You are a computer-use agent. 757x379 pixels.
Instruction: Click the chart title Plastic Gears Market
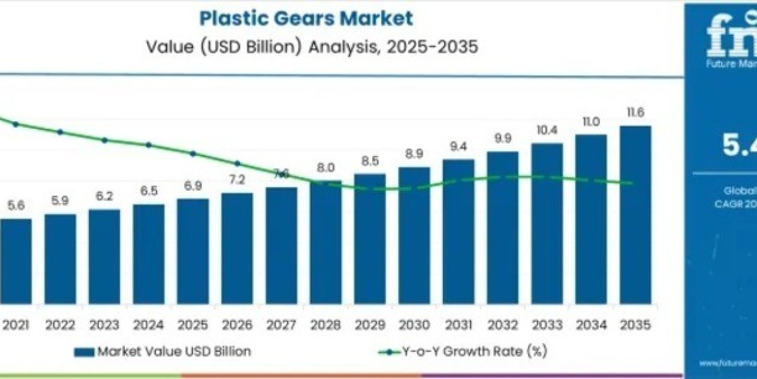[307, 18]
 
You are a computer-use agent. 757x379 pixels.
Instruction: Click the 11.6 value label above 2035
[635, 112]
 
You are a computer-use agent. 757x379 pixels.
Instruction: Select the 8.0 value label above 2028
[326, 168]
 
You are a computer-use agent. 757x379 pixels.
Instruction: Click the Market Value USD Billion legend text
[173, 352]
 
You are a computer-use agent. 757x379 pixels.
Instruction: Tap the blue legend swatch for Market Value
[84, 352]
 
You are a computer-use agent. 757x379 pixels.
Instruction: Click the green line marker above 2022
[61, 132]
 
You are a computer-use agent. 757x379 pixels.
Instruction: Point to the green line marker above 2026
[237, 163]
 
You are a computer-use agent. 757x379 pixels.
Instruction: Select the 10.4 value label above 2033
[546, 130]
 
